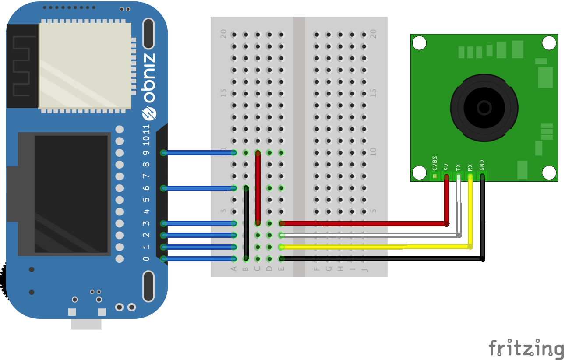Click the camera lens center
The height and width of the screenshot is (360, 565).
484,107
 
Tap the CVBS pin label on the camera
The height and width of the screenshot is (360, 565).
434,162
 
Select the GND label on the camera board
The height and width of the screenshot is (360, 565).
482,165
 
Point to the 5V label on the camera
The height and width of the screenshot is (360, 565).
446,166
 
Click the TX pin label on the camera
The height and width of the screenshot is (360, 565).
458,167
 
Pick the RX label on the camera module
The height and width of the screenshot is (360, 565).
470,167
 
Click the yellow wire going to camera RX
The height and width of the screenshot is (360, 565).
372,247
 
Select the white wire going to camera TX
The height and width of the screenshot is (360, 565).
372,236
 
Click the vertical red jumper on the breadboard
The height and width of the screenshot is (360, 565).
258,188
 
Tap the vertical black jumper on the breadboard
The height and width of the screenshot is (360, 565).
246,223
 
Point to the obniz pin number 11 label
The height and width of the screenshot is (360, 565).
146,129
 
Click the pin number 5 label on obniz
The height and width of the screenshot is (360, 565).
146,200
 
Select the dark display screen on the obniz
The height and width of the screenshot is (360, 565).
71,194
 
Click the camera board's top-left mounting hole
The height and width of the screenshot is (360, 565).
419,43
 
